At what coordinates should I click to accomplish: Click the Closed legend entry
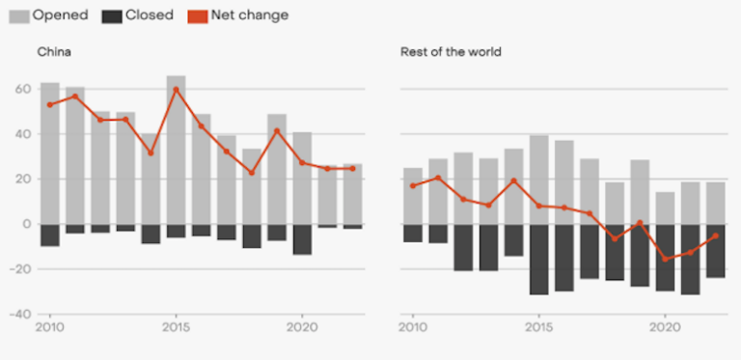coord(140,14)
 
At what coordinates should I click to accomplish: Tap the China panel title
coord(53,51)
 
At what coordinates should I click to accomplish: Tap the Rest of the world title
coord(451,51)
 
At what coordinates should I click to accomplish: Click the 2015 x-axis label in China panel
coord(176,325)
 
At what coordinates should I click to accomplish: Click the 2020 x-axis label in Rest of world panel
coord(665,325)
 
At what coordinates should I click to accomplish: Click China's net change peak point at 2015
coord(176,89)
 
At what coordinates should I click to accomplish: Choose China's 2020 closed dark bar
coord(302,239)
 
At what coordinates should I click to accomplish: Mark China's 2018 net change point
coord(251,173)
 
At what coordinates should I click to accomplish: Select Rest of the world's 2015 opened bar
coord(538,180)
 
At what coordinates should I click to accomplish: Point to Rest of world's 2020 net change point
coord(665,259)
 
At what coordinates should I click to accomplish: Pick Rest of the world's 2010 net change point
coord(413,185)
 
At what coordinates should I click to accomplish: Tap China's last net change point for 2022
coord(352,168)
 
